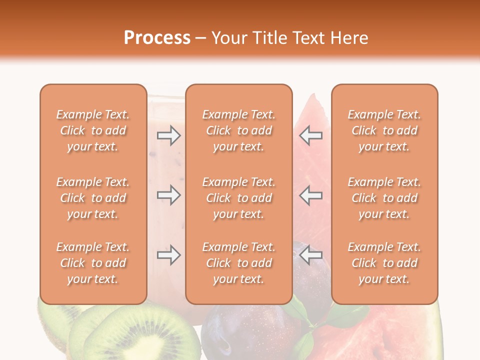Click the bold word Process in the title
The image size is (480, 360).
(157, 37)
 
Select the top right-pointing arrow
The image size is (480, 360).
(169, 135)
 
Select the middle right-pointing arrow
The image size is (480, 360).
(169, 195)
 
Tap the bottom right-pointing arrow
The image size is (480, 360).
(169, 255)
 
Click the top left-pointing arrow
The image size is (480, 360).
(311, 135)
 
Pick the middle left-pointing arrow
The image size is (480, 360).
(311, 195)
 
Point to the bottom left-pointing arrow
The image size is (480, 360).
(311, 255)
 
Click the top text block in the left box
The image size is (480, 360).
(93, 130)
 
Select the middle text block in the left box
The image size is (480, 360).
(93, 198)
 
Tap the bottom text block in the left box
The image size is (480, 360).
(93, 263)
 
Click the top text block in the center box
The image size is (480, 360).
(239, 130)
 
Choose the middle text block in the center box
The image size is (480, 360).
(239, 198)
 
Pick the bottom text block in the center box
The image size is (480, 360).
(239, 263)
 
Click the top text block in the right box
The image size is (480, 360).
(384, 130)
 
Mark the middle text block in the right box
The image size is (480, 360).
(384, 198)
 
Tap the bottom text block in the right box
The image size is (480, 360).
(384, 263)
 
